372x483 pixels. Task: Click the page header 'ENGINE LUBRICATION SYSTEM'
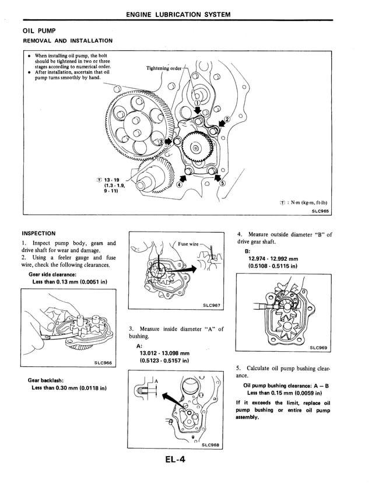pyautogui.click(x=186, y=14)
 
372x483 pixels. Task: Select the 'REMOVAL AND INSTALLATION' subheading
pyautogui.click(x=67, y=41)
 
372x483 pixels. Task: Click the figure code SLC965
pyautogui.click(x=320, y=211)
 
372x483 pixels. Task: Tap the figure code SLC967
pyautogui.click(x=212, y=305)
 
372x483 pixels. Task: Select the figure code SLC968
pyautogui.click(x=211, y=446)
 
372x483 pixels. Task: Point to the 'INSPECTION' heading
pyautogui.click(x=38, y=233)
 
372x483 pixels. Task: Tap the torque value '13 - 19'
pyautogui.click(x=108, y=180)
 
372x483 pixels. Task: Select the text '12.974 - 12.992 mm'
pyautogui.click(x=273, y=259)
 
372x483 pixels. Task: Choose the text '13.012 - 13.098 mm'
pyautogui.click(x=164, y=353)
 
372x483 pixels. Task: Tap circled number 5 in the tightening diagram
pyautogui.click(x=222, y=181)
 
